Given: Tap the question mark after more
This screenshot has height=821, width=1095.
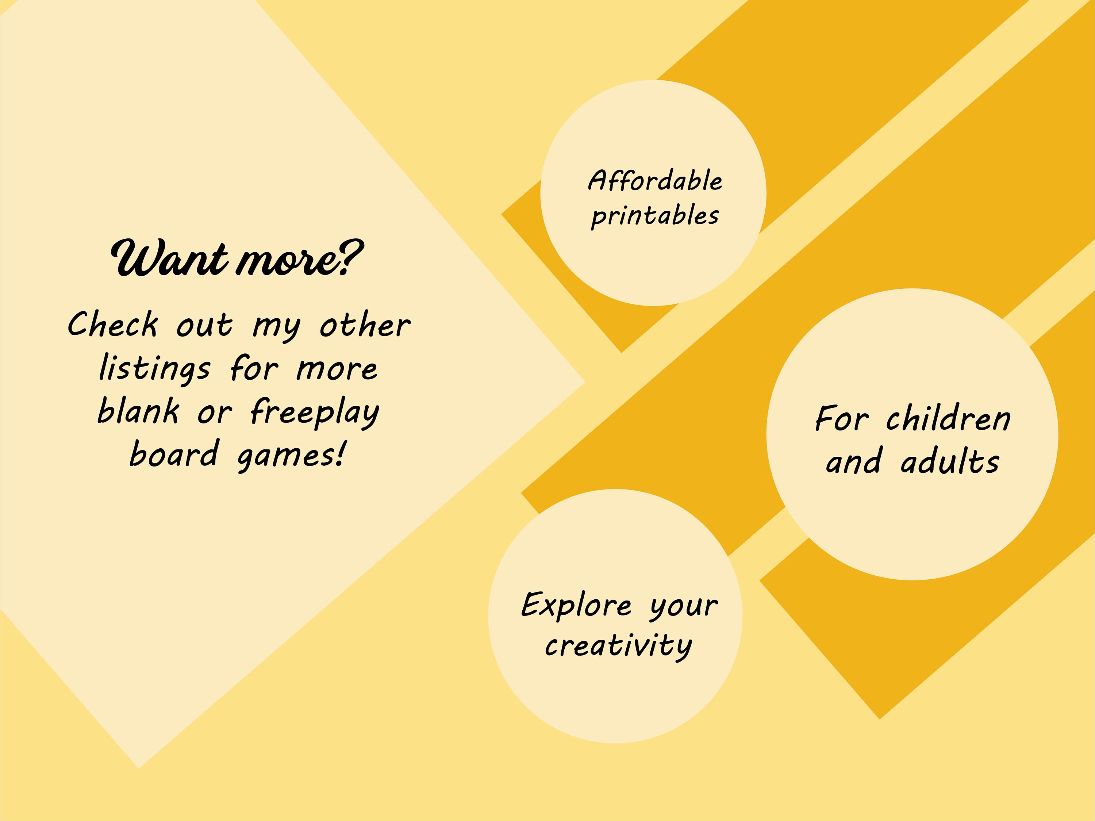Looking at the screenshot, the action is pyautogui.click(x=351, y=257).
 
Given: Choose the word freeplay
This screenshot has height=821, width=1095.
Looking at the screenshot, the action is pyautogui.click(x=315, y=414).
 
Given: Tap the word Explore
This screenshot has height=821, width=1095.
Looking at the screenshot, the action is pyautogui.click(x=577, y=605).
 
